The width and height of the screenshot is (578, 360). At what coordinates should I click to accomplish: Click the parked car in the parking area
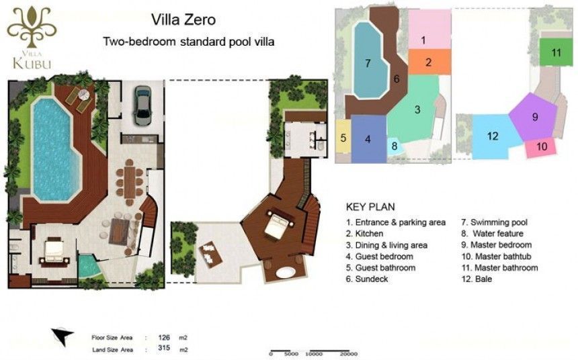(x=142, y=105)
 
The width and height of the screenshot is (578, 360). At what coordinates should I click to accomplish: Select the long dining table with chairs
(x=130, y=182)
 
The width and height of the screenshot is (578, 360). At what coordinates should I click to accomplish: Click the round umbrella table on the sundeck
(x=84, y=95)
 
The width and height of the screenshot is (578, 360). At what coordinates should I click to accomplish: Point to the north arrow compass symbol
(x=62, y=336)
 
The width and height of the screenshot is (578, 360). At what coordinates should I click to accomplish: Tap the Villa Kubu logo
(x=32, y=38)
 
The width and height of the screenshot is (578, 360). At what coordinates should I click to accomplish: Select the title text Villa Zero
(x=183, y=19)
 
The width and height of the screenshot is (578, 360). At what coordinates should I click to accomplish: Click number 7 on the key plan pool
(x=368, y=63)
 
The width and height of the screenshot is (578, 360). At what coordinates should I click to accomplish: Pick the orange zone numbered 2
(x=429, y=62)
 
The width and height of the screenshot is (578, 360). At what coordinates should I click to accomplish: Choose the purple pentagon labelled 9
(x=533, y=117)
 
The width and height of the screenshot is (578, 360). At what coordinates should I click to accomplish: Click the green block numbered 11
(x=556, y=52)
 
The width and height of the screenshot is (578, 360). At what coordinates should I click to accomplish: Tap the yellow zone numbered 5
(x=343, y=137)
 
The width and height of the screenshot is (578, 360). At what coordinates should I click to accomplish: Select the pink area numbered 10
(x=540, y=146)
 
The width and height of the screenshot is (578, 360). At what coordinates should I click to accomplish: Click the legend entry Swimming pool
(x=494, y=222)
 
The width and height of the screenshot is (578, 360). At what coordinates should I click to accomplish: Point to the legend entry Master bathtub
(x=496, y=256)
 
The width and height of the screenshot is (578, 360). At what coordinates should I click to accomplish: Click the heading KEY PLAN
(x=370, y=207)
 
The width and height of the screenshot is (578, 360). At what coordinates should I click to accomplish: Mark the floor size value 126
(x=164, y=337)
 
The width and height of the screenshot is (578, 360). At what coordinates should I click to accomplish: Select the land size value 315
(x=164, y=348)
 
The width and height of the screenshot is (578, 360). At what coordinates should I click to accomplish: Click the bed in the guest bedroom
(x=54, y=251)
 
